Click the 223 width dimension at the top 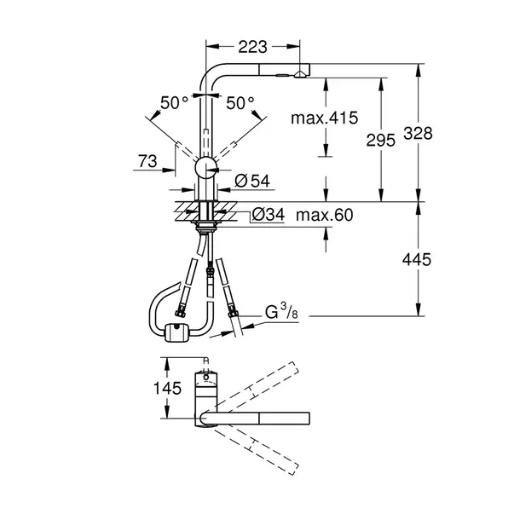pyautogui.click(x=251, y=46)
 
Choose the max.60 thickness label pyautogui.click(x=324, y=216)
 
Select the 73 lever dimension pyautogui.click(x=148, y=160)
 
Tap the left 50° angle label pyautogui.click(x=174, y=103)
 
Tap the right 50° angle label pyautogui.click(x=240, y=103)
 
